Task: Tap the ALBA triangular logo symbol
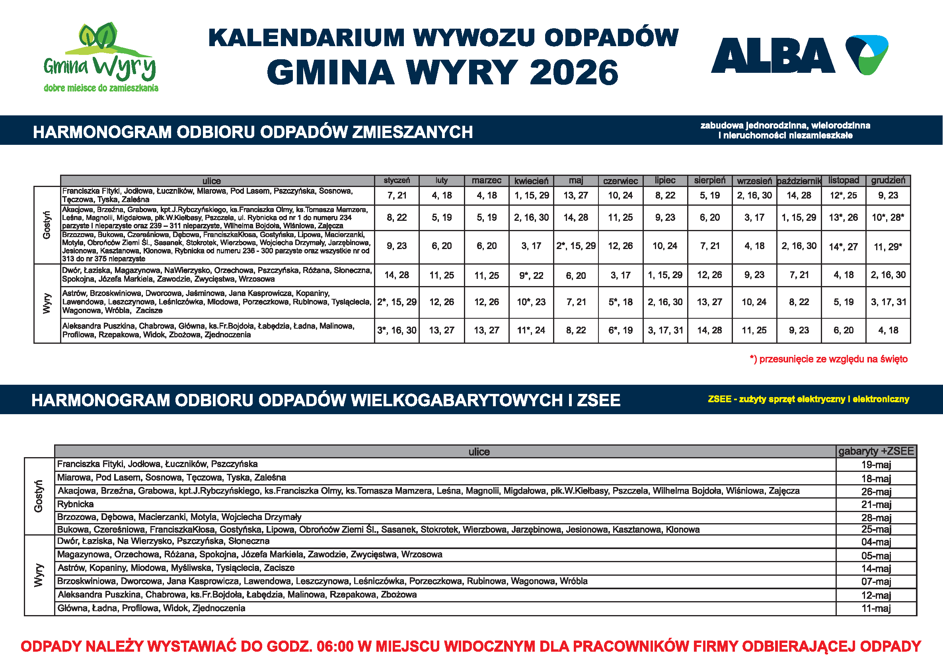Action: pyautogui.click(x=867, y=54)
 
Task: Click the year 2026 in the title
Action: pyautogui.click(x=574, y=73)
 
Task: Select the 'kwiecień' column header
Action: pyautogui.click(x=531, y=181)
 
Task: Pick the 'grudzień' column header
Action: pyautogui.click(x=888, y=180)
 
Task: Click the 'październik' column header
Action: pyautogui.click(x=799, y=181)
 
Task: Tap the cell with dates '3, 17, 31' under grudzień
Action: pyautogui.click(x=888, y=302)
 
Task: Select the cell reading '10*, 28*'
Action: pyautogui.click(x=888, y=217)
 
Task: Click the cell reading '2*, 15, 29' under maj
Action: pyautogui.click(x=576, y=246)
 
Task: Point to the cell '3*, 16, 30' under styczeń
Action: pyautogui.click(x=397, y=330)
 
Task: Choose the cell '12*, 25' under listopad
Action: pyautogui.click(x=844, y=196)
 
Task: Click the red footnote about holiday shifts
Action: pyautogui.click(x=829, y=359)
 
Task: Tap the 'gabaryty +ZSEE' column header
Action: pyautogui.click(x=876, y=451)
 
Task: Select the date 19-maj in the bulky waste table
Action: pyautogui.click(x=876, y=465)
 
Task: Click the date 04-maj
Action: pyautogui.click(x=876, y=542)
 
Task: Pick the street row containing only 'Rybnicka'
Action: pyautogui.click(x=76, y=504)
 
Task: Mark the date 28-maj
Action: pyautogui.click(x=876, y=517)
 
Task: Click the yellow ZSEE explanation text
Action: pyautogui.click(x=808, y=399)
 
